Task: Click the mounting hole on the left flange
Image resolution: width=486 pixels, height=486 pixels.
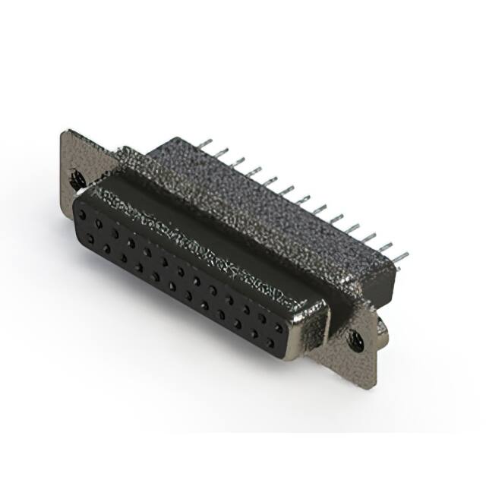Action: tap(77, 180)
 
